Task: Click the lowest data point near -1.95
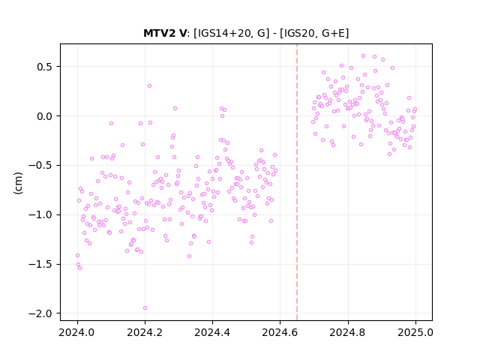tap(145, 308)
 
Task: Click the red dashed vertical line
tap(297, 182)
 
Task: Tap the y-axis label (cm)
tap(18, 183)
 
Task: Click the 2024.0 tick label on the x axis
tap(77, 332)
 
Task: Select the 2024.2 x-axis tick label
tap(145, 332)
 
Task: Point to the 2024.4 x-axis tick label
tap(212, 332)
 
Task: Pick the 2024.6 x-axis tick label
tap(280, 332)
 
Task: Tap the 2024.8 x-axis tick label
tap(347, 332)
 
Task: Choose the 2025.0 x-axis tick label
tap(415, 332)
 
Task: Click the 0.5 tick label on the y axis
tap(44, 67)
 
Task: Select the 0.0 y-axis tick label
tap(44, 116)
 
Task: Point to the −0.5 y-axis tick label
tap(40, 166)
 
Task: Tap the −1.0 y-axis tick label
tap(40, 215)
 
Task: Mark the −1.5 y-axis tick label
tap(40, 264)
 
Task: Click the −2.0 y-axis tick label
tap(40, 313)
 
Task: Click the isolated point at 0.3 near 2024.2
tap(149, 86)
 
